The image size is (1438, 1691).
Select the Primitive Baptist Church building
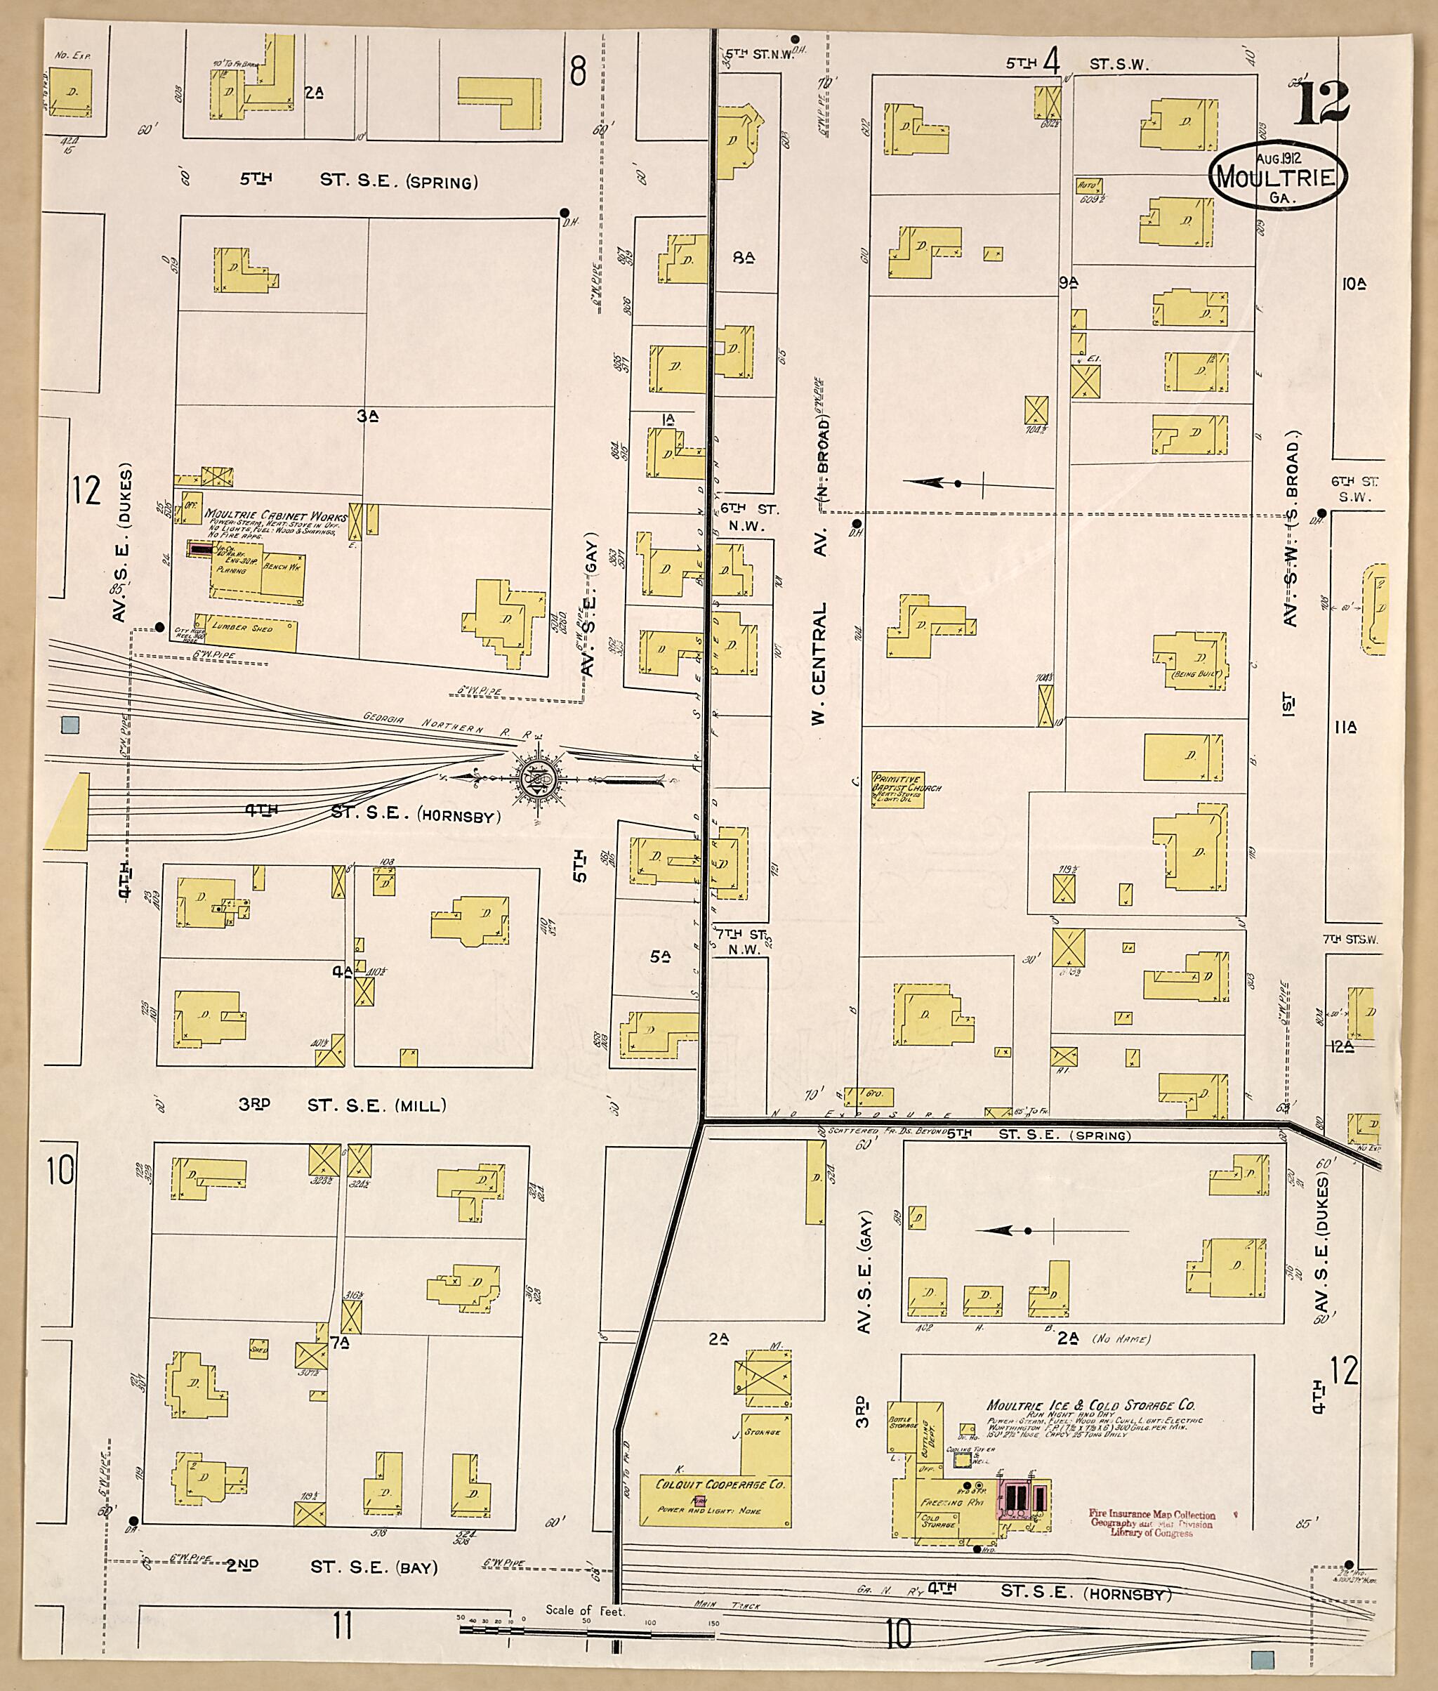click(x=897, y=789)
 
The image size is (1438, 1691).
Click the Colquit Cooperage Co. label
click(x=719, y=1485)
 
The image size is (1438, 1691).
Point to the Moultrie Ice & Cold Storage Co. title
click(x=1090, y=1404)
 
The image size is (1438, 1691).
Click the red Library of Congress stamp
click(x=1150, y=1523)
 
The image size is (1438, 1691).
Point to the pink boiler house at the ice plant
click(x=1023, y=1496)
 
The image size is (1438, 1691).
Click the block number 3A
click(x=369, y=416)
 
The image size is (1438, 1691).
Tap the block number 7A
click(x=339, y=1341)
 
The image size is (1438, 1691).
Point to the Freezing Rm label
click(x=942, y=1502)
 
